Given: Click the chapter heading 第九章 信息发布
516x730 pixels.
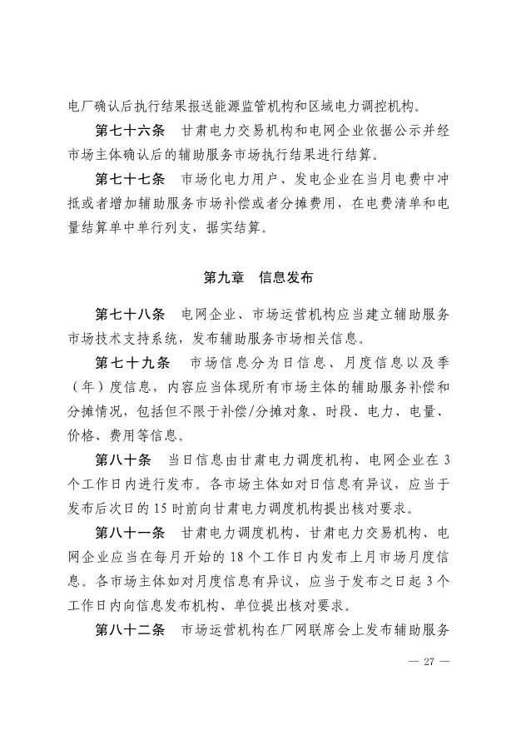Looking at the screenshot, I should (258, 275).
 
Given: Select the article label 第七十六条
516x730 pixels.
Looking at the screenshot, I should (131, 132).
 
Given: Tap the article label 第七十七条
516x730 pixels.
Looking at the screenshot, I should (131, 177).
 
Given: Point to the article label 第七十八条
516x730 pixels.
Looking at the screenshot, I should (131, 315).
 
